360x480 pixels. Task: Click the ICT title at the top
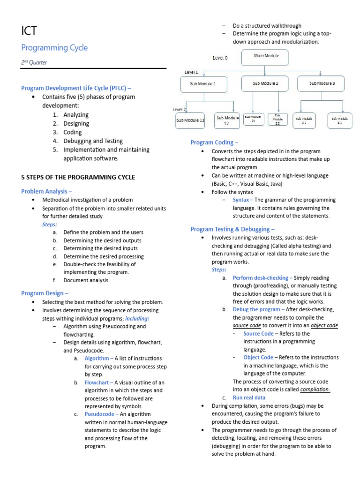pyautogui.click(x=29, y=31)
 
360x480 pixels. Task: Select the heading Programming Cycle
pyautogui.click(x=54, y=48)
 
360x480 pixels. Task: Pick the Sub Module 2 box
pyautogui.click(x=265, y=83)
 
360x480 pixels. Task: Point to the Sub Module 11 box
pyautogui.click(x=190, y=120)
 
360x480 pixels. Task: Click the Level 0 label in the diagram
pyautogui.click(x=220, y=58)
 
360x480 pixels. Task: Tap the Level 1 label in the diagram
pyautogui.click(x=191, y=72)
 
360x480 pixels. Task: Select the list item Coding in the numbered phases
pyautogui.click(x=73, y=132)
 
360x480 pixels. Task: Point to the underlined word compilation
pyautogui.click(x=315, y=390)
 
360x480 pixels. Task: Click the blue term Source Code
pyautogui.click(x=258, y=334)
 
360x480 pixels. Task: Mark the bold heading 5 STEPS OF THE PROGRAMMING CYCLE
pyautogui.click(x=78, y=177)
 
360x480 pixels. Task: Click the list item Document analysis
pyautogui.click(x=86, y=280)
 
